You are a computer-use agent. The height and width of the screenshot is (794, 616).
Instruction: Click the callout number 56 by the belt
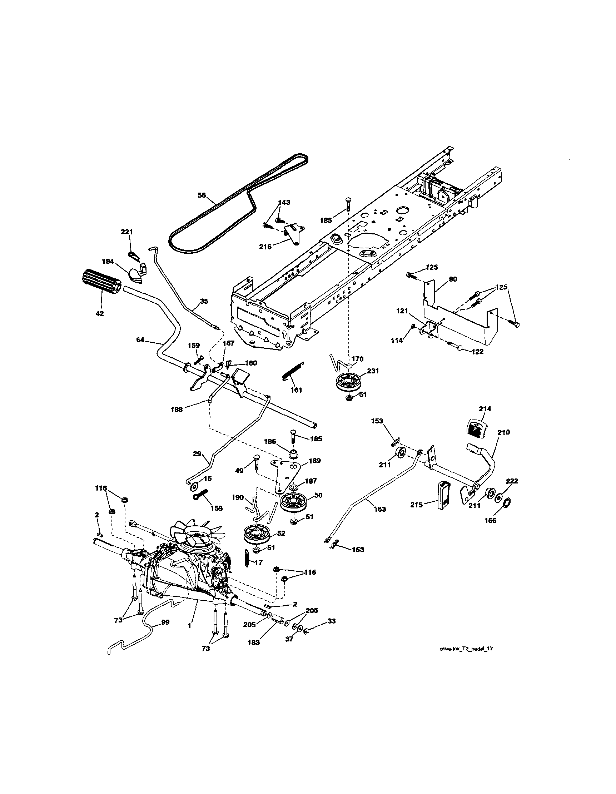[202, 195]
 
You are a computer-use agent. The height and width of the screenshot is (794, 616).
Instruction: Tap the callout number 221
[127, 232]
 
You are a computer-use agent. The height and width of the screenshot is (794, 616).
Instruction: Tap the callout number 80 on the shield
[453, 279]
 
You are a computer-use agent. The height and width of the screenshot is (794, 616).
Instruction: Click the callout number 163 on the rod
[380, 509]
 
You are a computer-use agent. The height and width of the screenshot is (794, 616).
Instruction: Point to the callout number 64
[140, 340]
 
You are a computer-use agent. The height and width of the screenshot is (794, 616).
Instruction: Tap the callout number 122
[477, 352]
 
